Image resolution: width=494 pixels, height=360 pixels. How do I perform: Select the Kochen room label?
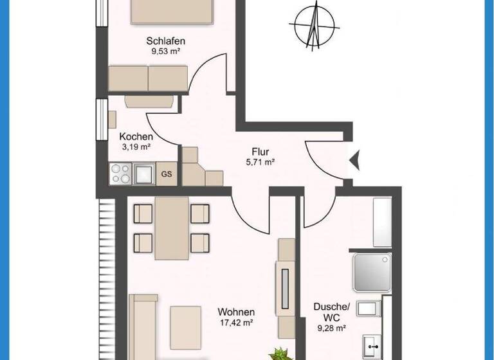click(136, 136)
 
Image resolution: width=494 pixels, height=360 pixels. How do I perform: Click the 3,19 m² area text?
click(136, 147)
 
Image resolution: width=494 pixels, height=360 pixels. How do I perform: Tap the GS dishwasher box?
click(167, 174)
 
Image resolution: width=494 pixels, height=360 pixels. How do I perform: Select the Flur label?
click(261, 152)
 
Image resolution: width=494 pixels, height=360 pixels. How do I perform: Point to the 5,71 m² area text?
click(261, 163)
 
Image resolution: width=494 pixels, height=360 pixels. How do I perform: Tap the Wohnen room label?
click(237, 312)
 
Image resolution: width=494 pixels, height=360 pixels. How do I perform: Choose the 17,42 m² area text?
click(237, 322)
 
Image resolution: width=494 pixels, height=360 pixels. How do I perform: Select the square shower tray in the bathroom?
click(371, 273)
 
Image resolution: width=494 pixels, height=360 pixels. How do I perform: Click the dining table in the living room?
click(171, 227)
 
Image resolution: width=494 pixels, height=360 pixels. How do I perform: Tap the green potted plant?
click(279, 353)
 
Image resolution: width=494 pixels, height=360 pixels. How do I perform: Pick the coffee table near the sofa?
click(185, 319)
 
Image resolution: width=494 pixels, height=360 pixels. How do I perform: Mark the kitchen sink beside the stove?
click(143, 173)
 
